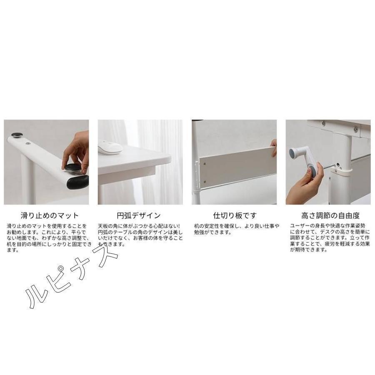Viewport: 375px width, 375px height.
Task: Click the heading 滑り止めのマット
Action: pyautogui.click(x=50, y=216)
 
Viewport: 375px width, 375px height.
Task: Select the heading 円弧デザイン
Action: pyautogui.click(x=139, y=216)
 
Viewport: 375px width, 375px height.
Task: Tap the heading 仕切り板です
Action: pyautogui.click(x=235, y=216)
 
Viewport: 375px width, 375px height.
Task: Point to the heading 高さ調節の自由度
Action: pyautogui.click(x=330, y=216)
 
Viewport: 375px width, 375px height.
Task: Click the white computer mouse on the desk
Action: pyautogui.click(x=110, y=147)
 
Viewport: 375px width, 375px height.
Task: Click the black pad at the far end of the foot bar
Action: pyautogui.click(x=17, y=135)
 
